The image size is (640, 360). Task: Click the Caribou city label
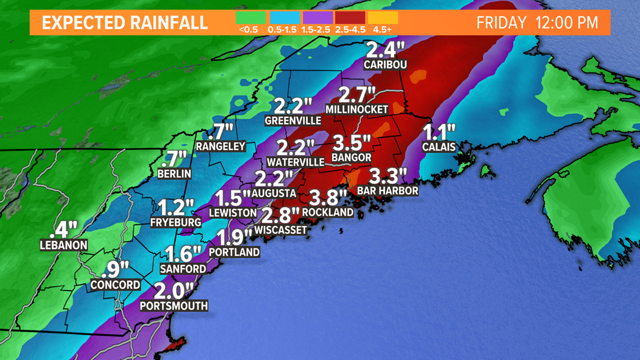385,65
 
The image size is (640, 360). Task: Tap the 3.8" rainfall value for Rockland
327,198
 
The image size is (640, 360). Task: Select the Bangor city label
351,158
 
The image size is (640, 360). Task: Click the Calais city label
438,147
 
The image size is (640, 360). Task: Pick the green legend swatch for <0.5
251,17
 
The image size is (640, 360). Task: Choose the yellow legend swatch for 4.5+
383,17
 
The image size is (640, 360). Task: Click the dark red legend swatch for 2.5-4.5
350,17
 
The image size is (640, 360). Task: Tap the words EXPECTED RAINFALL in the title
125,24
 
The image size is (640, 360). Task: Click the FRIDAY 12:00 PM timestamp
537,24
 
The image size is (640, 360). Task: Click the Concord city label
116,285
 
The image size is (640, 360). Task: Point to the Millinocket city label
357,109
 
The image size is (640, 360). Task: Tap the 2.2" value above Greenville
292,106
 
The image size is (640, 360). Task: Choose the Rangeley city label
221,147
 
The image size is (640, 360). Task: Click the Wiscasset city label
281,230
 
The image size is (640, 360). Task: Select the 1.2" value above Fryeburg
176,208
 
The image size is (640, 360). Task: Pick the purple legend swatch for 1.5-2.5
318,17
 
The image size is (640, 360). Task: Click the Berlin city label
174,174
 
